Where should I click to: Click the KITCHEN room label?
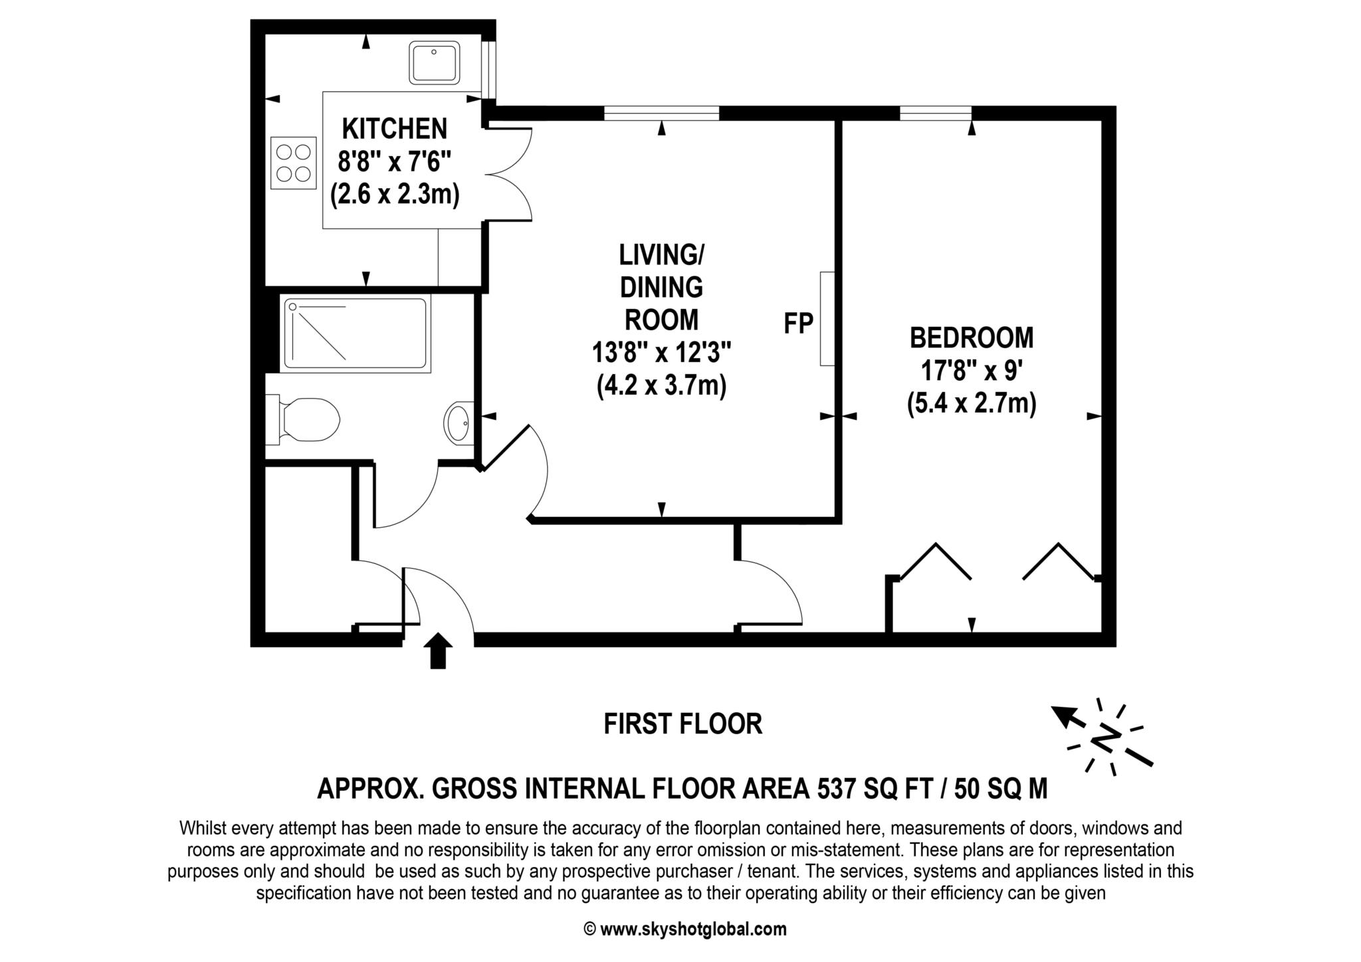tap(395, 128)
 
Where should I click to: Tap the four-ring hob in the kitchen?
tap(294, 163)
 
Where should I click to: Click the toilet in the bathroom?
tap(306, 420)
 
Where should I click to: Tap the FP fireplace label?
tap(798, 324)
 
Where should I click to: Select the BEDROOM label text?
tap(971, 337)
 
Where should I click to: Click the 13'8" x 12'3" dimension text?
tap(661, 353)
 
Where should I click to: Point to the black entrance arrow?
tap(438, 650)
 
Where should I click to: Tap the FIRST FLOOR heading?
tap(682, 723)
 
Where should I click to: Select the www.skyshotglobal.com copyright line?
tap(684, 929)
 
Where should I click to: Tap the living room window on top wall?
tap(661, 114)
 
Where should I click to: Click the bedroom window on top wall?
tap(935, 114)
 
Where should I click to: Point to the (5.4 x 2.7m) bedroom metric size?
tap(971, 403)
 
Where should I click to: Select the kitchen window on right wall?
tap(489, 70)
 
